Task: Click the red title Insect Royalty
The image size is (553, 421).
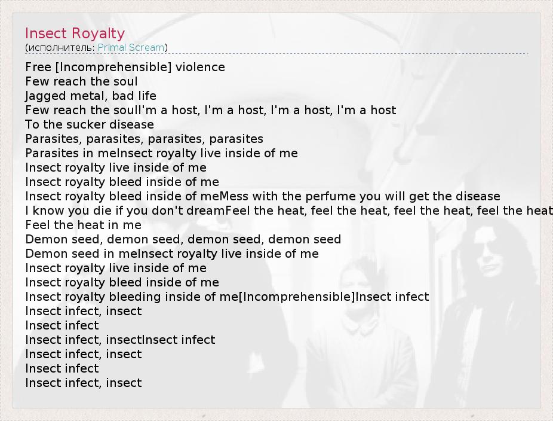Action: coord(75,33)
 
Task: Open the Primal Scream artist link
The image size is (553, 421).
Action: coord(131,47)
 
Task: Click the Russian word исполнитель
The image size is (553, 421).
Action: coord(60,48)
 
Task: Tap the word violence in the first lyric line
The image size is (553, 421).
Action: coord(200,67)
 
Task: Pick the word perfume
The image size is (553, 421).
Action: coord(330,197)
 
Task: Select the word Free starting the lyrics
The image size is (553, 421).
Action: coord(38,67)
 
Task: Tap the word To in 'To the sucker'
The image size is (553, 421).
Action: coord(32,124)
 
